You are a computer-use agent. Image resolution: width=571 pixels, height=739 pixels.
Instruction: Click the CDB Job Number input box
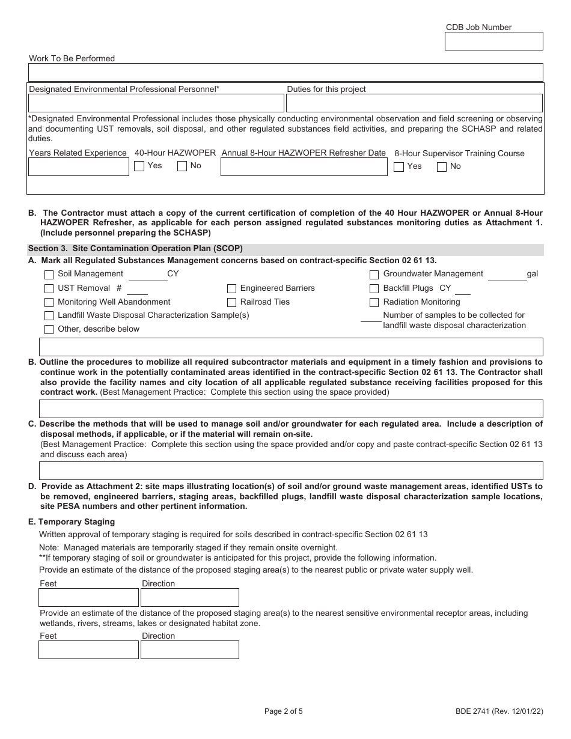(x=493, y=41)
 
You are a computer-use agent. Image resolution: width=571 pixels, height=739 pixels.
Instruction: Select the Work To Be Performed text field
(x=285, y=73)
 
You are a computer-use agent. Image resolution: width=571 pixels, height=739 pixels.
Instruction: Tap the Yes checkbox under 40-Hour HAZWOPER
(x=139, y=166)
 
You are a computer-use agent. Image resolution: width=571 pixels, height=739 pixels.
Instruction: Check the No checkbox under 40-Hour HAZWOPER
(x=182, y=166)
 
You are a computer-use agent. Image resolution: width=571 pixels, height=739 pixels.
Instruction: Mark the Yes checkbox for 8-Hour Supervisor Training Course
(x=398, y=167)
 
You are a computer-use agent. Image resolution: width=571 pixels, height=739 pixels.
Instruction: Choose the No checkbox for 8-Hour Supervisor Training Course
(x=442, y=167)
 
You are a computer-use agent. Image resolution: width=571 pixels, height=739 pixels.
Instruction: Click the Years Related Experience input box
(x=79, y=167)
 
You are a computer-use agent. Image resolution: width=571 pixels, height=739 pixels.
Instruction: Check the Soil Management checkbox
(x=49, y=275)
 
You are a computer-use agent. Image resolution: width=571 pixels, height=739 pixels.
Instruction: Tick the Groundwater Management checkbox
(x=374, y=275)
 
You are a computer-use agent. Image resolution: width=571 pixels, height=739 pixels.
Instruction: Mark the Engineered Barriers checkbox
(x=231, y=288)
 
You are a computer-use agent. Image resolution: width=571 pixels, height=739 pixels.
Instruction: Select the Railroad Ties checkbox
(x=231, y=302)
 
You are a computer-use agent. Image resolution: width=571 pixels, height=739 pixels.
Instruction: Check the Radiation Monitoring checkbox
(x=374, y=302)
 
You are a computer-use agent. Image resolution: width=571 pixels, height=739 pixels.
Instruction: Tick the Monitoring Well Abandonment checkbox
(x=49, y=302)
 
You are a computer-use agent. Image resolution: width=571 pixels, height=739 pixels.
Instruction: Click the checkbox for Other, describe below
(x=49, y=329)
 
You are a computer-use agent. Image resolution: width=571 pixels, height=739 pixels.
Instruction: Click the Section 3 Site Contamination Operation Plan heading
(x=135, y=248)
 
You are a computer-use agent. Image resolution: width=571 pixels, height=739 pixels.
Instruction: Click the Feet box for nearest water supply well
(x=88, y=598)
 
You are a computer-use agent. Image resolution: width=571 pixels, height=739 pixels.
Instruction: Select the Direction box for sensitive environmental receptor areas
(x=189, y=650)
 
